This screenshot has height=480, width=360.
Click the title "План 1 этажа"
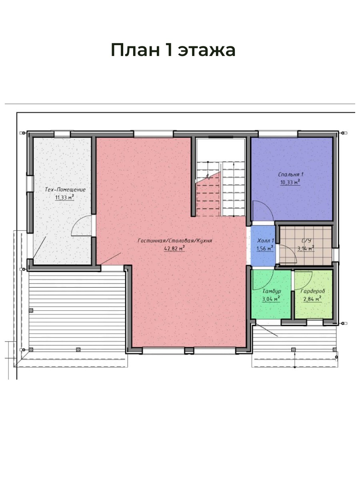pyautogui.click(x=173, y=50)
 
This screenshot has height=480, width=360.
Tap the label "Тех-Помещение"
pyautogui.click(x=65, y=189)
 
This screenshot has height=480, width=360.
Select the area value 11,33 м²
pyautogui.click(x=64, y=198)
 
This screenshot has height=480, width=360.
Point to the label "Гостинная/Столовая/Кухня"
pyautogui.click(x=175, y=240)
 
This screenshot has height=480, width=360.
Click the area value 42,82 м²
pyautogui.click(x=174, y=248)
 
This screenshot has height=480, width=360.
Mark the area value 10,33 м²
pyautogui.click(x=290, y=182)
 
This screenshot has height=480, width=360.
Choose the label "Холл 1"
pyautogui.click(x=266, y=240)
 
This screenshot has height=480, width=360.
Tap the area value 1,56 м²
pyautogui.click(x=265, y=248)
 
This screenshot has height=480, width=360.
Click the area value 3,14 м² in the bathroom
pyautogui.click(x=306, y=248)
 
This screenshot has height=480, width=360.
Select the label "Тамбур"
pyautogui.click(x=272, y=291)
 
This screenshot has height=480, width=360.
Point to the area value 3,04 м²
pyautogui.click(x=271, y=299)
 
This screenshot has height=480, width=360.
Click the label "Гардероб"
pyautogui.click(x=312, y=291)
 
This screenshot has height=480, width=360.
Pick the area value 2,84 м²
pyautogui.click(x=312, y=299)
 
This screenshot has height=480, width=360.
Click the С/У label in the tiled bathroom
pyautogui.click(x=306, y=241)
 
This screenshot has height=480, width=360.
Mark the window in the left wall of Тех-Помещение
pyautogui.click(x=30, y=184)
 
